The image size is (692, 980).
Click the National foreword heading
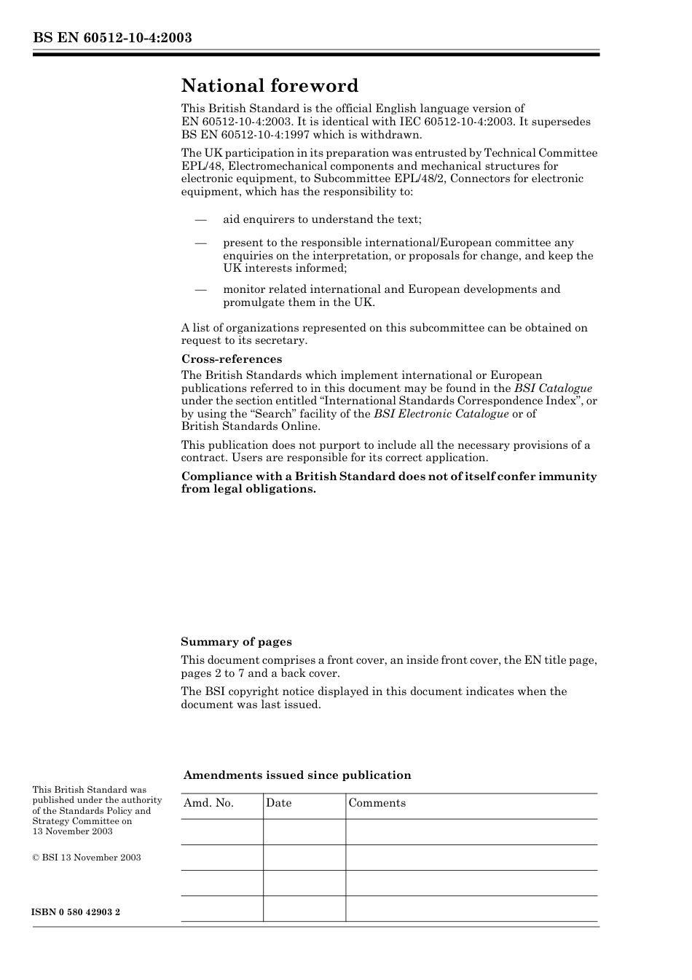(270, 86)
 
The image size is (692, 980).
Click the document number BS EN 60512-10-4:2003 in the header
(112, 38)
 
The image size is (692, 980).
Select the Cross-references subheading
(231, 359)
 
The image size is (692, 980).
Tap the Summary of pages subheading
(236, 642)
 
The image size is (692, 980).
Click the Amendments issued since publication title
(297, 775)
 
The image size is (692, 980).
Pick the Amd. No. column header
(208, 803)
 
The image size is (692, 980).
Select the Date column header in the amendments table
(278, 803)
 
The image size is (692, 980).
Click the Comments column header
(377, 803)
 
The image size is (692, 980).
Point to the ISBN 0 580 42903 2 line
(76, 912)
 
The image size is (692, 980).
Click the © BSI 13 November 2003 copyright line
(87, 858)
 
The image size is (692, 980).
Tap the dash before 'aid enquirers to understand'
(200, 219)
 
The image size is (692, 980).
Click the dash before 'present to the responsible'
(200, 243)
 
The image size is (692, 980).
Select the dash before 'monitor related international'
(200, 289)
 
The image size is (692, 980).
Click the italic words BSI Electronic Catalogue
(441, 414)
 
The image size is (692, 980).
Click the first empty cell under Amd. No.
(221, 832)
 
